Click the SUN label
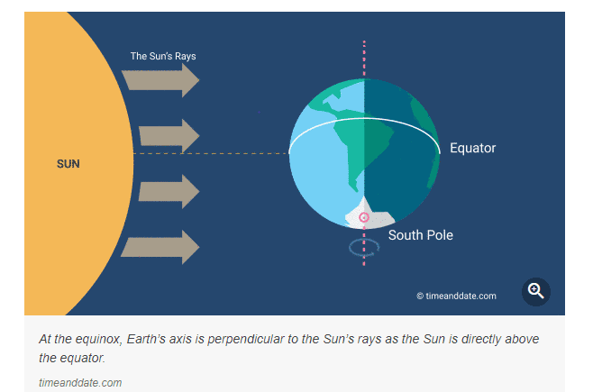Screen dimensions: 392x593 coord(68,164)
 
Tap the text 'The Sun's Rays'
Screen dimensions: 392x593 coord(163,56)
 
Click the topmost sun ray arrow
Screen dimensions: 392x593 coord(160,79)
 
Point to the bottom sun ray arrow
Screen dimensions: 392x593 coord(160,246)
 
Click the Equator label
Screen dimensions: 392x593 coord(472,148)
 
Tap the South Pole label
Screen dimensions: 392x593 coord(421,235)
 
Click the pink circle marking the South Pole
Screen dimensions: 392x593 coord(364,217)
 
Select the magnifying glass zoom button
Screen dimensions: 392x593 coord(536,291)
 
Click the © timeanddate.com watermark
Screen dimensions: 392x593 coord(456,296)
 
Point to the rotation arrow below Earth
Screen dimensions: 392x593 coord(364,247)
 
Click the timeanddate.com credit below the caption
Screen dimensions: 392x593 coord(80,383)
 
